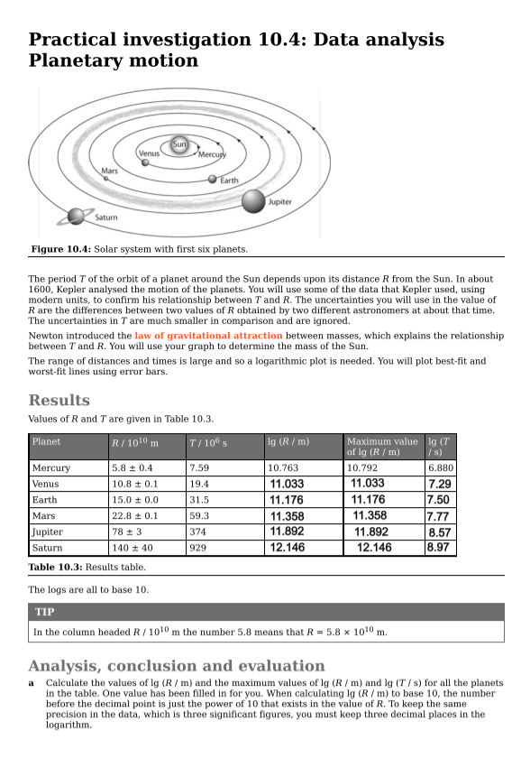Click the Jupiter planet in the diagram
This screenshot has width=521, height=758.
click(x=253, y=201)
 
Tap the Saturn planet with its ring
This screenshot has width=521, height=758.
click(x=77, y=215)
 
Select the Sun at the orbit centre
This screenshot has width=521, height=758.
click(x=179, y=145)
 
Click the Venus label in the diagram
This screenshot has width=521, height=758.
click(x=149, y=153)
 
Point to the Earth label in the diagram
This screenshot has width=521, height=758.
click(x=229, y=180)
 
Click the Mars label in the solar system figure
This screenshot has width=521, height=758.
click(x=109, y=171)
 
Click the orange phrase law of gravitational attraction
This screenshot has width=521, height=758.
click(x=208, y=336)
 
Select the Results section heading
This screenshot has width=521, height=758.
click(x=59, y=400)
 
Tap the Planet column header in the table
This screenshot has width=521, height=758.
click(x=46, y=441)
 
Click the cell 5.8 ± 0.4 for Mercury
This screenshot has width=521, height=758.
click(x=132, y=468)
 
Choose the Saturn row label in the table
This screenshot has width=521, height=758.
click(x=50, y=548)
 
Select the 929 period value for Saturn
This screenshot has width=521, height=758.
click(x=199, y=548)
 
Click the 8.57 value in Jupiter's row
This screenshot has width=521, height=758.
click(x=440, y=532)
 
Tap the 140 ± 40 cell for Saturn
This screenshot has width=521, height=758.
click(x=133, y=548)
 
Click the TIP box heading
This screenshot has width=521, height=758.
click(x=44, y=612)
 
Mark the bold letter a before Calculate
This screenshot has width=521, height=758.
click(x=32, y=683)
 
